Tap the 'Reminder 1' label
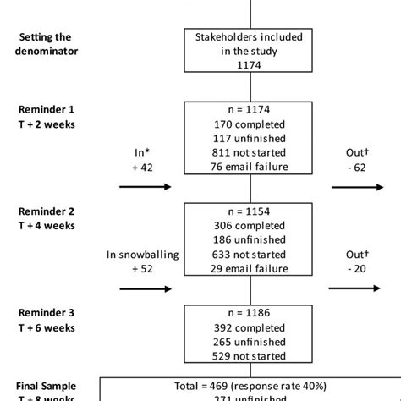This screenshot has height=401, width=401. tap(50, 110)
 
